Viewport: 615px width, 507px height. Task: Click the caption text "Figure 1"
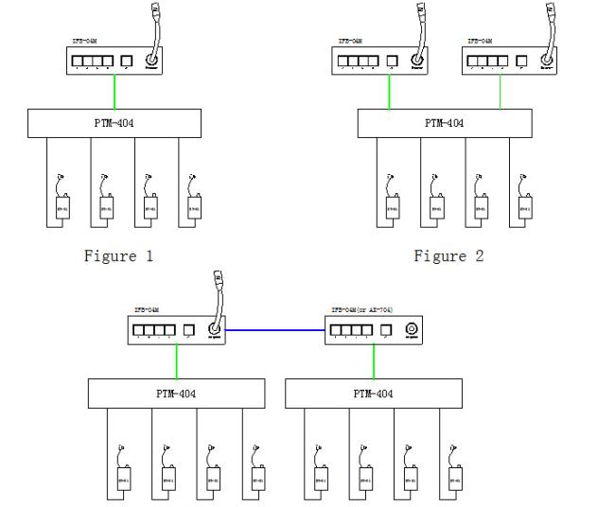point(118,255)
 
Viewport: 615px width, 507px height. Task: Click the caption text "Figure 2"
point(449,255)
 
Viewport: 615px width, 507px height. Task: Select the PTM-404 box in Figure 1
point(114,123)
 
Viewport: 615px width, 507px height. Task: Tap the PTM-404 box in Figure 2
point(446,123)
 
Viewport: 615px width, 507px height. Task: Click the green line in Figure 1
point(114,92)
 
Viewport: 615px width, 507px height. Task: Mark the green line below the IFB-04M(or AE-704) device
point(375,359)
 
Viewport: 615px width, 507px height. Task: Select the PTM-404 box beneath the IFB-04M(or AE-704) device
point(373,393)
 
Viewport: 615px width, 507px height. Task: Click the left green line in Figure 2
point(389,92)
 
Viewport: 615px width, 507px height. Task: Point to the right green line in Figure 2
point(501,92)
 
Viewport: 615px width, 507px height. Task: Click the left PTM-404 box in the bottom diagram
point(177,393)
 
